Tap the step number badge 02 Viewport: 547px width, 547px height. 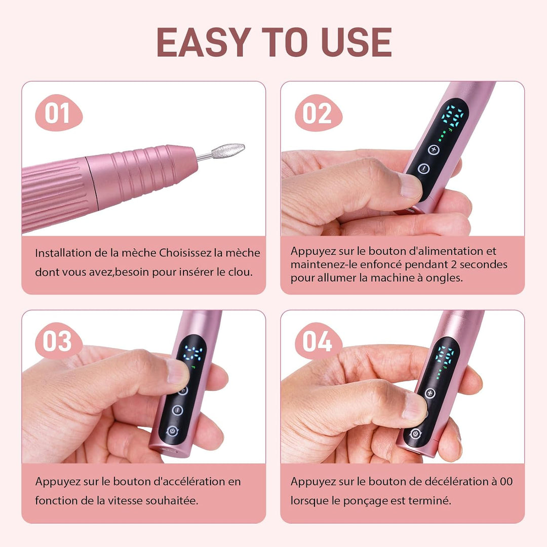[x=318, y=113]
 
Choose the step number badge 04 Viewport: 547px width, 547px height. [x=318, y=341]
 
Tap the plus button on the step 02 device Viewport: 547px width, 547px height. [x=434, y=149]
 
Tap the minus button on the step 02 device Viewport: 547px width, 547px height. [x=423, y=169]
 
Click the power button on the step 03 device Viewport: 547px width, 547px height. [x=172, y=432]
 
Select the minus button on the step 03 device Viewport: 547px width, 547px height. [x=177, y=410]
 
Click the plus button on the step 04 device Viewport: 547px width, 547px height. [x=430, y=393]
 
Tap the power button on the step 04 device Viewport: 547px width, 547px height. [x=415, y=433]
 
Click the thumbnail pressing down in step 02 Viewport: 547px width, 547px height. [x=410, y=185]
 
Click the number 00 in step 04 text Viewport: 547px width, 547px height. [x=506, y=482]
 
